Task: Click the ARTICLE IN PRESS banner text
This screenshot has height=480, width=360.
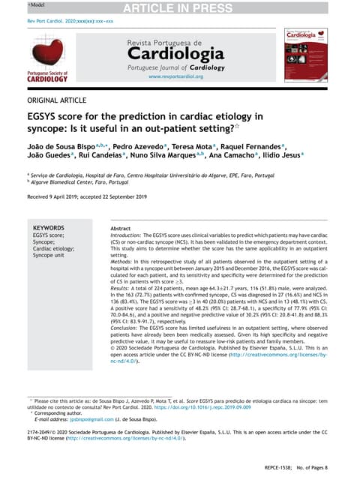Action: pyautogui.click(x=180, y=9)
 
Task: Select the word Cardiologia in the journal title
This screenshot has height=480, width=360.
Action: pyautogui.click(x=175, y=54)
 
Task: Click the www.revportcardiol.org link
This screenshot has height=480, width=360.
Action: pyautogui.click(x=175, y=77)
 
